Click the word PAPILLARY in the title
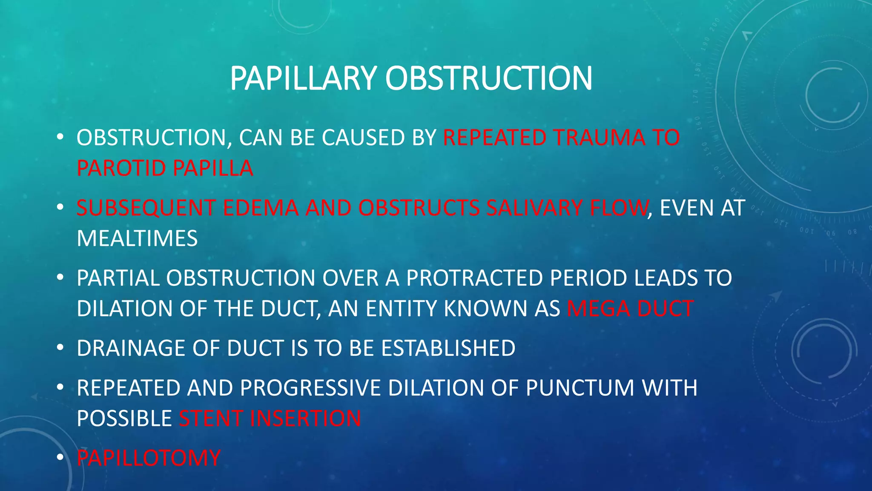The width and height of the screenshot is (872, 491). [x=303, y=78]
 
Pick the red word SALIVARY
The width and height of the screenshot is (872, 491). [x=535, y=208]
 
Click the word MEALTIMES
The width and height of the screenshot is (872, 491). [x=137, y=238]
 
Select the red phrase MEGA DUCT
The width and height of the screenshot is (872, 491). [x=630, y=308]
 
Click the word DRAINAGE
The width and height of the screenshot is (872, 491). [x=131, y=348]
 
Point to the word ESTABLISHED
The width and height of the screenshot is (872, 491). [x=448, y=348]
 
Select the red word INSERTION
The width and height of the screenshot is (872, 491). [x=305, y=418]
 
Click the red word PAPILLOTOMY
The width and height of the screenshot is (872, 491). [x=149, y=458]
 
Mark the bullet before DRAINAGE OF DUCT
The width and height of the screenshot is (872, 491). [x=60, y=348]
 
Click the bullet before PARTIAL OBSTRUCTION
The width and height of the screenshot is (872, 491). [x=60, y=277]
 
